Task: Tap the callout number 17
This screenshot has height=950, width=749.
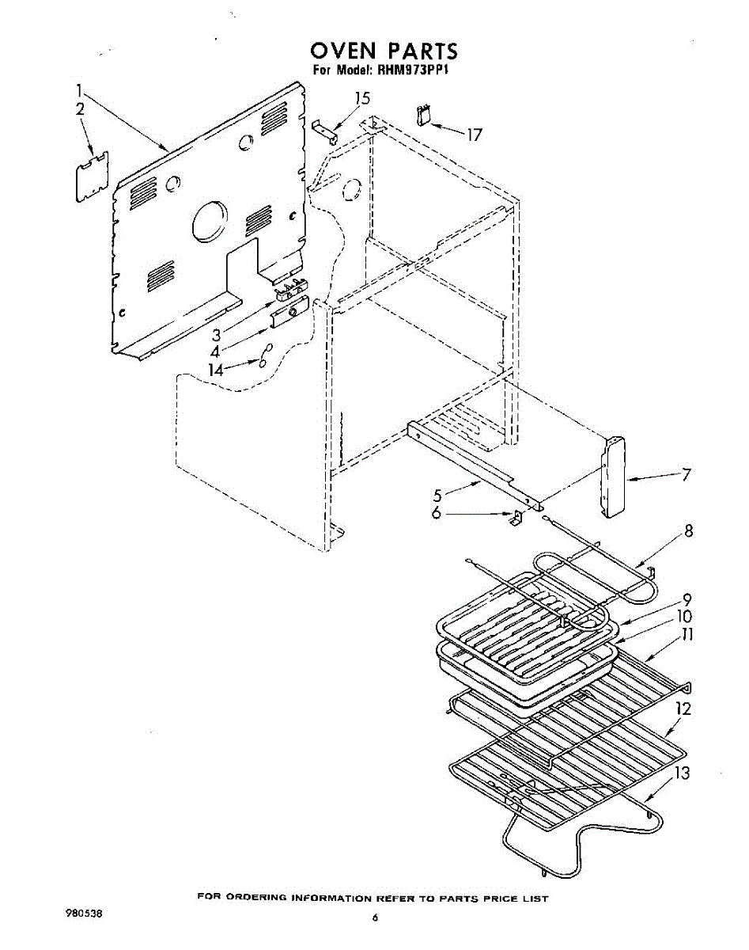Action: click(473, 135)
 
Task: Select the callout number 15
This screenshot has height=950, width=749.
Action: click(361, 99)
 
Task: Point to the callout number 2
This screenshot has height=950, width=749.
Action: click(80, 109)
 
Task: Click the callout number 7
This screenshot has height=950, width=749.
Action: click(686, 475)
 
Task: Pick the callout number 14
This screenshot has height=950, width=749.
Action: click(216, 369)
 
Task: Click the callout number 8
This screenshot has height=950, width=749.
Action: click(689, 531)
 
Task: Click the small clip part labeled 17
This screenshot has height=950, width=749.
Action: click(422, 115)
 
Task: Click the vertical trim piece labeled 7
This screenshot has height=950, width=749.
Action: click(612, 477)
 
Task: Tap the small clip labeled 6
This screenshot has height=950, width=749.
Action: click(514, 519)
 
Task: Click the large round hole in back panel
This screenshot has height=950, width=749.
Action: click(210, 221)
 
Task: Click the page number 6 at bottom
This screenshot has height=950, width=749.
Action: click(376, 918)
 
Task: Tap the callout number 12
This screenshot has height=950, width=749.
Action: click(683, 709)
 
